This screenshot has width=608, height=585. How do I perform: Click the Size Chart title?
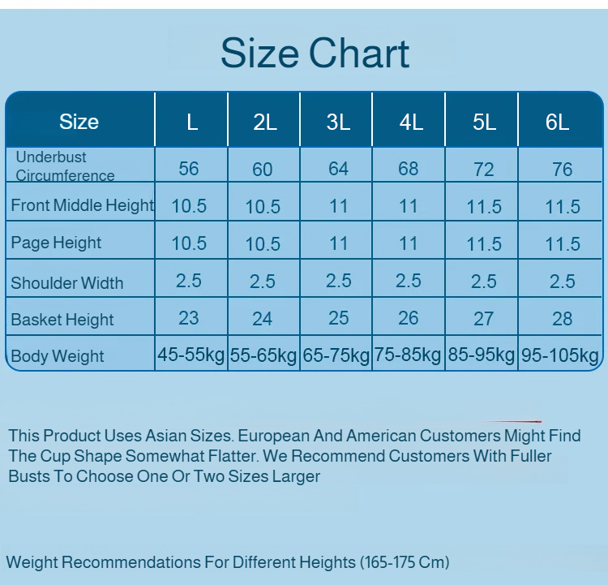(315, 54)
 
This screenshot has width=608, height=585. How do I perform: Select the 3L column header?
(338, 122)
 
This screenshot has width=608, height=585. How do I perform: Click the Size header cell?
(79, 122)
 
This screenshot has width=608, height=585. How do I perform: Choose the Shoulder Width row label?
(67, 283)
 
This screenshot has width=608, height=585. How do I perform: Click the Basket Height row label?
(62, 320)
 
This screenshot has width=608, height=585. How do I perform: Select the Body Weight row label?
(58, 356)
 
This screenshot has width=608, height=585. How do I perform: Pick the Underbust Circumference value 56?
(189, 168)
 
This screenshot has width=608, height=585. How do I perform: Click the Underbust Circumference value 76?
(562, 169)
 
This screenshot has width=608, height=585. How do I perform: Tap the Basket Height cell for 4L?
(409, 318)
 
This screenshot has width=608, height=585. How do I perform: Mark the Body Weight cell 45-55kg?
(191, 355)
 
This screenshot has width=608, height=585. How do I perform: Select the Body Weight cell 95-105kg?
(561, 355)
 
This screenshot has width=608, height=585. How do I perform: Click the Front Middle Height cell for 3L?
(339, 206)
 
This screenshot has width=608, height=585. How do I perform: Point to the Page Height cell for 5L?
(484, 243)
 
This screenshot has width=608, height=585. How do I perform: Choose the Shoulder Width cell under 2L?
(263, 282)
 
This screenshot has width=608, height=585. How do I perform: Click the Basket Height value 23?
(189, 318)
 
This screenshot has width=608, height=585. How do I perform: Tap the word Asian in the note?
(169, 436)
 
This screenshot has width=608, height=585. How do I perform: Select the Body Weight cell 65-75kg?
(336, 355)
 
